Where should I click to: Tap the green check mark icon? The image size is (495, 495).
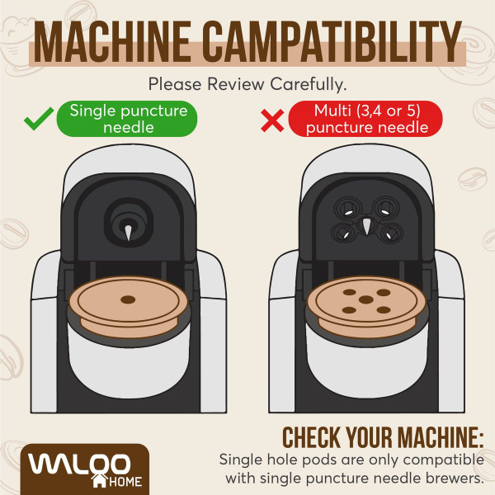coord(37,122)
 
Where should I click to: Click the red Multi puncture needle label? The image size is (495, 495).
coord(364,119)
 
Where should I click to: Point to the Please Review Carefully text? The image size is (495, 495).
coord(247,83)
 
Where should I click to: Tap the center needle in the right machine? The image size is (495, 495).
coord(365,228)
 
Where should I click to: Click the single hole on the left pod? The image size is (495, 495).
coord(128,299)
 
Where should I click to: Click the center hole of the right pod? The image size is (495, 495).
coord(365,301)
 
